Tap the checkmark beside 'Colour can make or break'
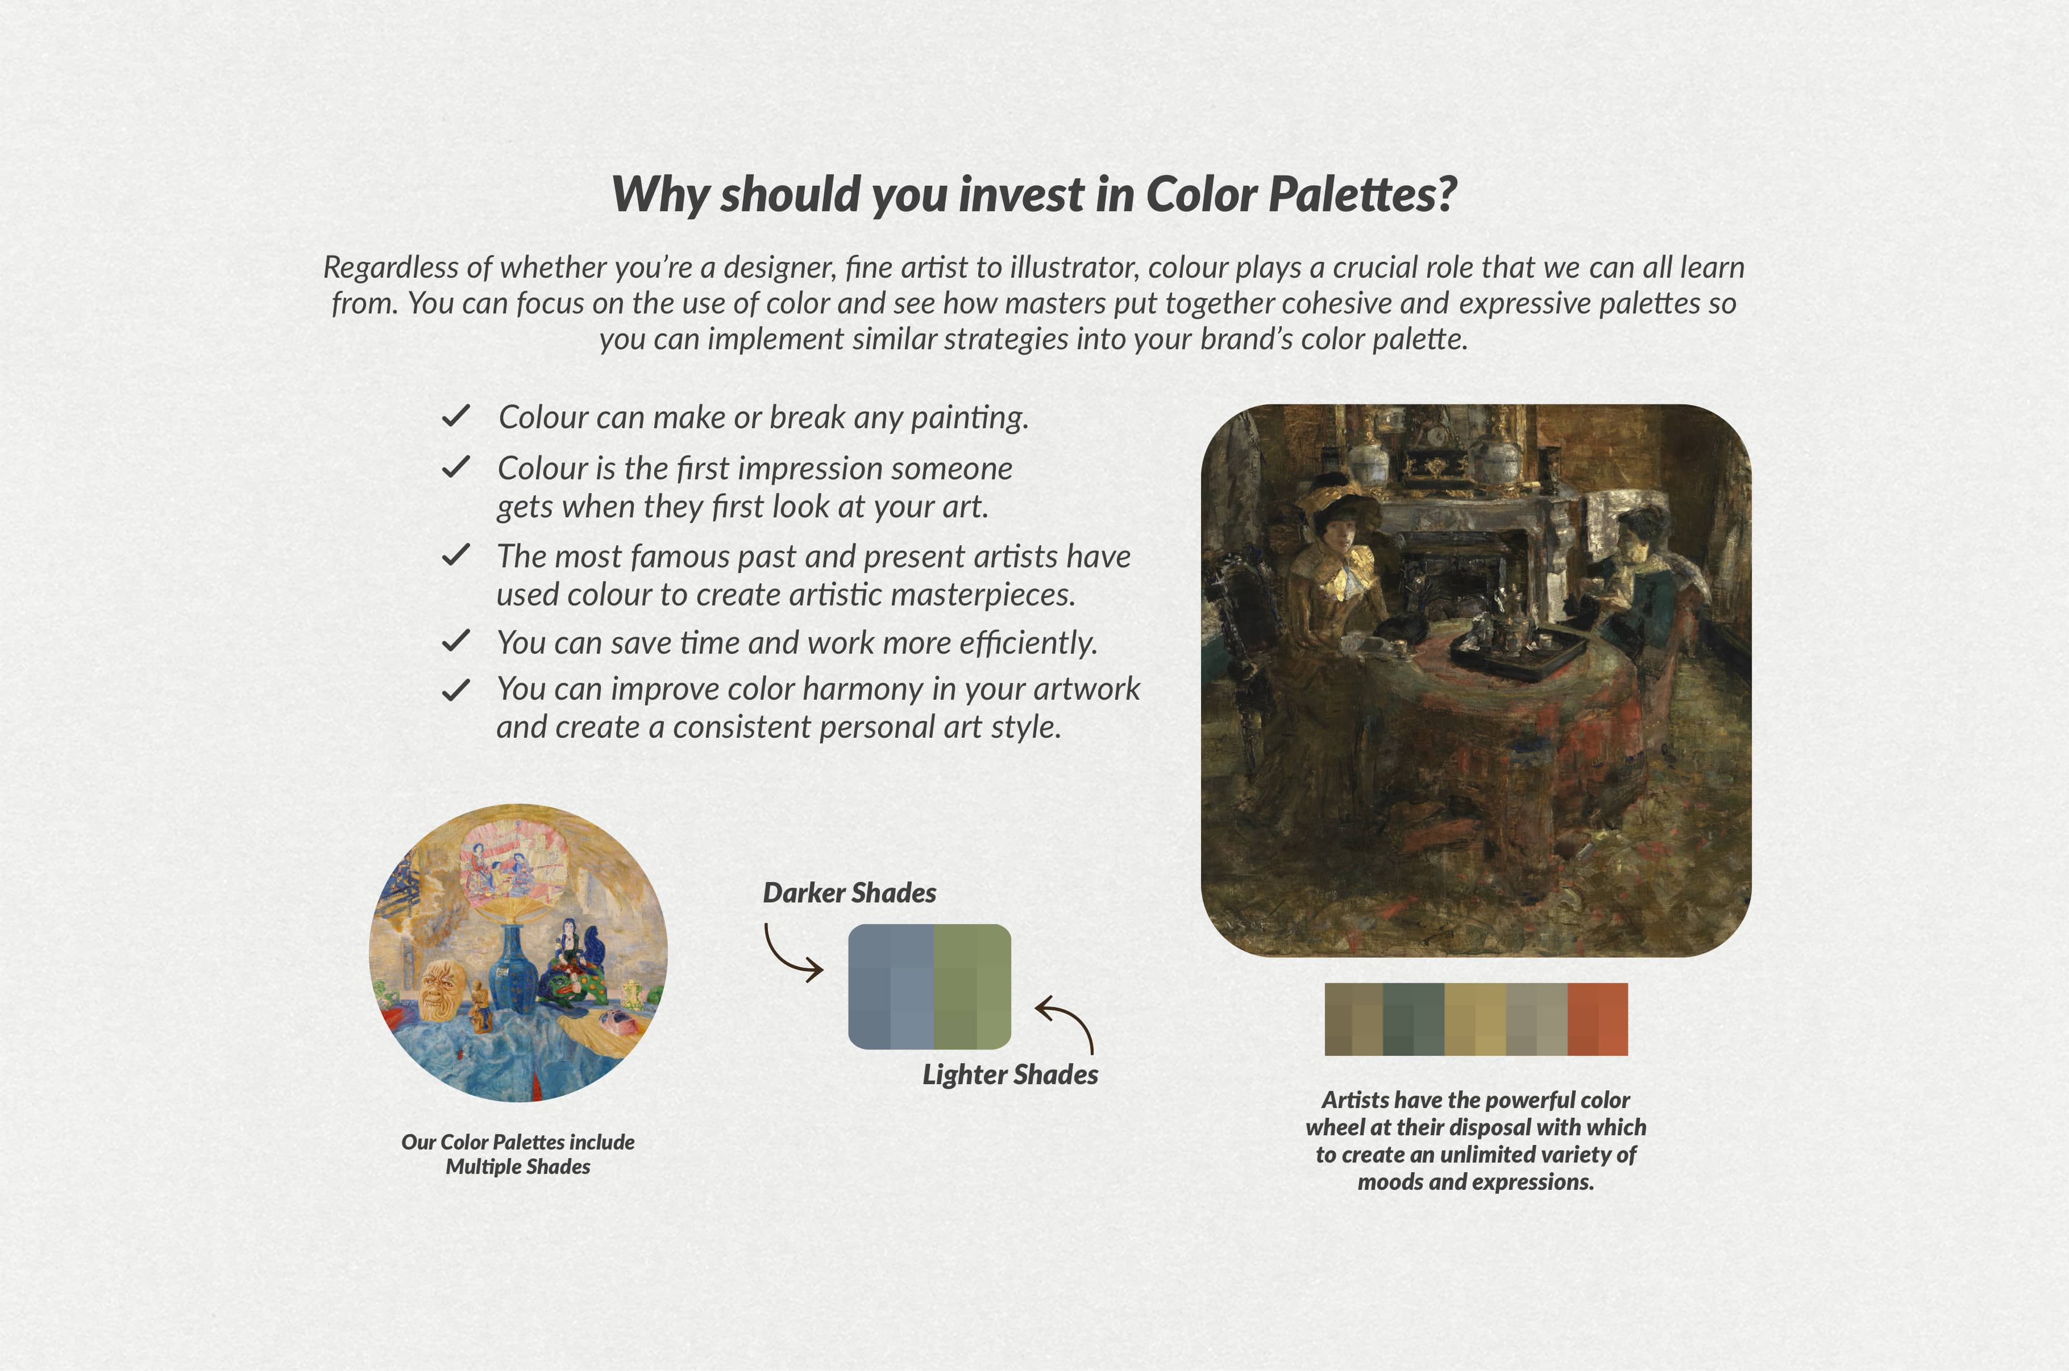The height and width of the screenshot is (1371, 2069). pyautogui.click(x=456, y=416)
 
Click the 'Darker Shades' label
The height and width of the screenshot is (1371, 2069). pyautogui.click(x=849, y=893)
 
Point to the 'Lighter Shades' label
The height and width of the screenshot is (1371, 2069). pyautogui.click(x=1009, y=1075)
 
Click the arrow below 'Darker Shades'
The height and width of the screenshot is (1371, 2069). pyautogui.click(x=791, y=953)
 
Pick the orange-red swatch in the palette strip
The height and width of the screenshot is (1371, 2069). pyautogui.click(x=1597, y=1019)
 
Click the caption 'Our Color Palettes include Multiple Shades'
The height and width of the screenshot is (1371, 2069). pyautogui.click(x=518, y=1154)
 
